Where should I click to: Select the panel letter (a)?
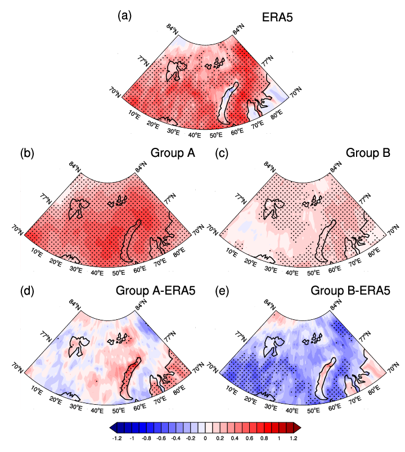point(124,16)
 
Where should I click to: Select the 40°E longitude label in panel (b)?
point(97,273)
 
